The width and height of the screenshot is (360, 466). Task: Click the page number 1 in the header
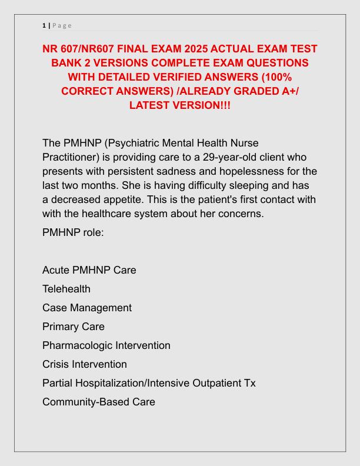point(44,25)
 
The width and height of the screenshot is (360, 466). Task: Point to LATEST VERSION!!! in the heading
point(179,105)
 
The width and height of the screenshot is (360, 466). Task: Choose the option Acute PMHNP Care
point(89,270)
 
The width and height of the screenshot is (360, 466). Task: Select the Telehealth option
point(66,289)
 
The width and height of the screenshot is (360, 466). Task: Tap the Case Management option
point(87,308)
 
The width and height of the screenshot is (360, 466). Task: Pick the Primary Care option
point(73,327)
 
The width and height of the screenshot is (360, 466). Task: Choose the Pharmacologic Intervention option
point(106,345)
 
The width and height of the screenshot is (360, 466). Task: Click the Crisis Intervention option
point(85,364)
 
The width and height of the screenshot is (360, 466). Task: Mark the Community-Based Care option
point(99,402)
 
